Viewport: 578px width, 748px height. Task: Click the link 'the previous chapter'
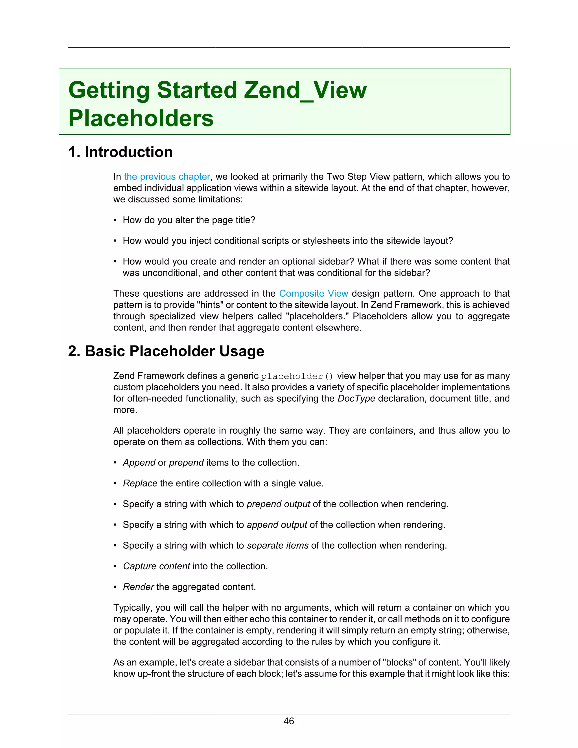(167, 177)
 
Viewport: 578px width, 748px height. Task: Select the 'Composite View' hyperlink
(313, 294)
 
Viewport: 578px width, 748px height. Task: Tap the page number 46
(289, 721)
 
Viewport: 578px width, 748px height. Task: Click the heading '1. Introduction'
(120, 152)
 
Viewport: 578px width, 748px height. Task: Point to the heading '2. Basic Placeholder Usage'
(166, 351)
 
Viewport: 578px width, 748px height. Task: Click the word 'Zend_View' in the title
(305, 90)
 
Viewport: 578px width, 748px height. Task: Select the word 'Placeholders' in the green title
(141, 119)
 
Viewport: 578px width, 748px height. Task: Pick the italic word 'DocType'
(356, 399)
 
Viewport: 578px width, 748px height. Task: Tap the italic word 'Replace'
(140, 483)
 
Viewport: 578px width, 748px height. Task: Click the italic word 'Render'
(138, 587)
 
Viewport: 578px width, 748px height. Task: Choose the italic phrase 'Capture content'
(156, 566)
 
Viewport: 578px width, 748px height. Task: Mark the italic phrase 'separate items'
(278, 545)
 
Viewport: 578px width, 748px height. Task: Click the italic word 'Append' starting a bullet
(139, 463)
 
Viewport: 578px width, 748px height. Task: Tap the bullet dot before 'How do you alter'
(115, 220)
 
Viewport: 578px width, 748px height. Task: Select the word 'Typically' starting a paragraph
(132, 608)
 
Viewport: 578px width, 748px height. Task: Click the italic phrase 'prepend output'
(278, 504)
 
